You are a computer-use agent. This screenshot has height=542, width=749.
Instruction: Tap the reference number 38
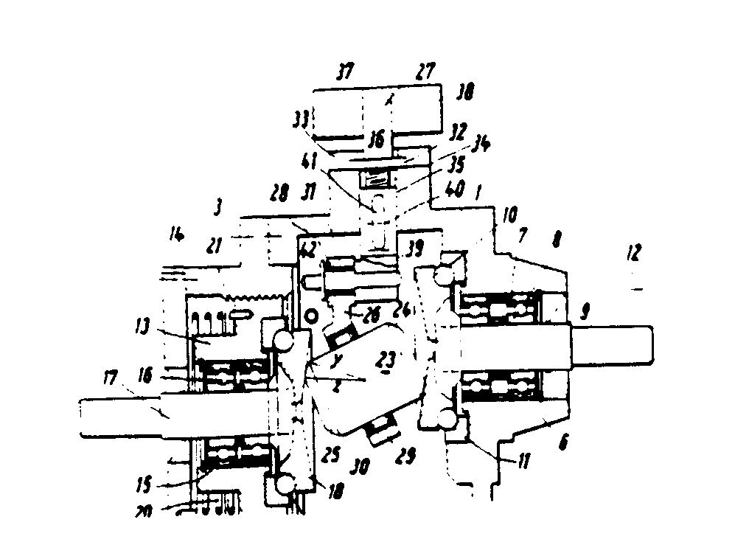click(x=465, y=91)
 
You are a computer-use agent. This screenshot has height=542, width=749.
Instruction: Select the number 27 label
click(x=425, y=70)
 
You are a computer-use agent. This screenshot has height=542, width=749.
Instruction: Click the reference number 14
click(x=176, y=237)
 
